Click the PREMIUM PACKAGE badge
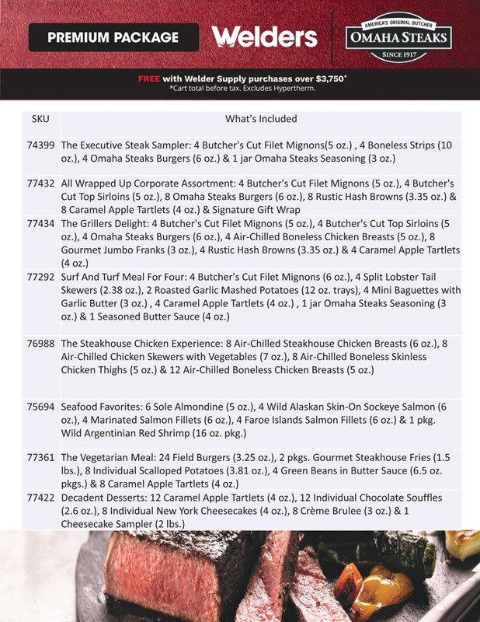tap(113, 37)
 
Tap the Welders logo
tap(264, 37)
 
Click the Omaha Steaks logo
tap(398, 37)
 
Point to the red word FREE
tap(149, 79)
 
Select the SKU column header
tap(40, 120)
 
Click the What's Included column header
tap(261, 120)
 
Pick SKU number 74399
tap(40, 145)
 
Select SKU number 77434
tap(40, 224)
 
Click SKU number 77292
tap(40, 277)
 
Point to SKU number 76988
tap(40, 344)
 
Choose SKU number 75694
tap(40, 407)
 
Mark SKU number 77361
tap(40, 458)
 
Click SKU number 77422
tap(40, 498)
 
